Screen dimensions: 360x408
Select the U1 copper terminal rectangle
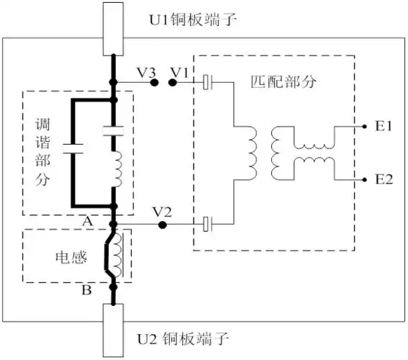pos(113,28)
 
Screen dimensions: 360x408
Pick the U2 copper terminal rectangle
pos(113,330)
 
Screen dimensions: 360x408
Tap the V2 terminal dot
pos(163,225)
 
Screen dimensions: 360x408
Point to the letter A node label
pos(88,222)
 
